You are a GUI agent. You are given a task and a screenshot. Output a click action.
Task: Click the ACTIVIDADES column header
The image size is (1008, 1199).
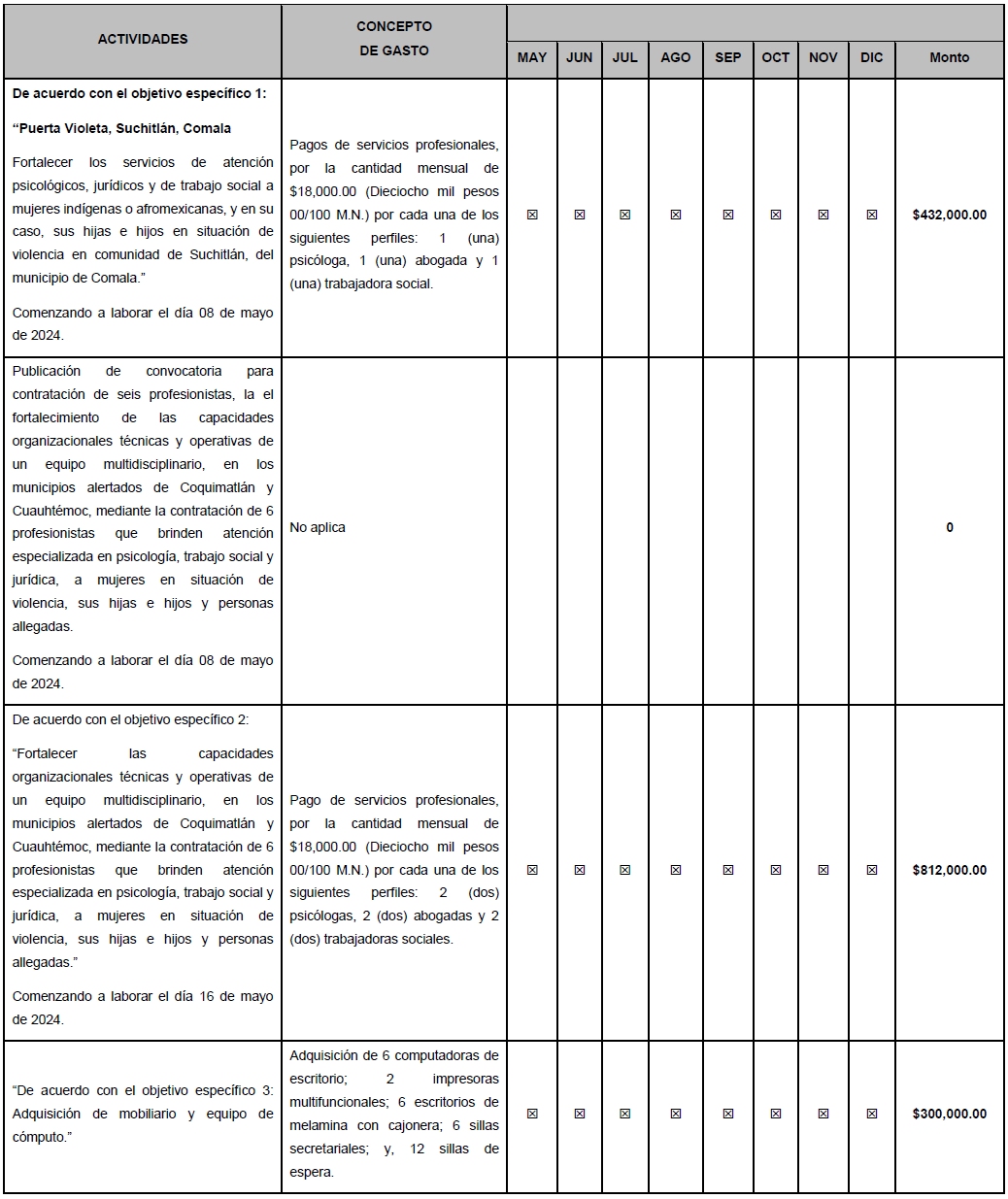click(x=143, y=39)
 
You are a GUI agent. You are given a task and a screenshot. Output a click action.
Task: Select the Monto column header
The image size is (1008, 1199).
click(x=949, y=57)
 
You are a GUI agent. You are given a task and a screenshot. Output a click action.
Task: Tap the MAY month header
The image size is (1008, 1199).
click(x=531, y=57)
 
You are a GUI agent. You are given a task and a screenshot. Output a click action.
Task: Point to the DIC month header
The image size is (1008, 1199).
click(x=871, y=57)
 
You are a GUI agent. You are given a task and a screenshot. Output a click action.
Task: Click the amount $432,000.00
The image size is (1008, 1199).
click(x=949, y=215)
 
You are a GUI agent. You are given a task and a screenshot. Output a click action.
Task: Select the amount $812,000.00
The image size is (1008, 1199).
click(x=949, y=870)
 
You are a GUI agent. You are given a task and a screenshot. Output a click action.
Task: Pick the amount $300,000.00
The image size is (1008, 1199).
click(x=949, y=1114)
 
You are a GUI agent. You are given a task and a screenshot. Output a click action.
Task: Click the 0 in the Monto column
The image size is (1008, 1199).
click(x=950, y=527)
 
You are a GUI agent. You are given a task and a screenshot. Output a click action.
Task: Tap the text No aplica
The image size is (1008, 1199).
click(x=318, y=527)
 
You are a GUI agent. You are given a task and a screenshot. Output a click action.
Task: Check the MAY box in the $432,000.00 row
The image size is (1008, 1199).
click(x=532, y=215)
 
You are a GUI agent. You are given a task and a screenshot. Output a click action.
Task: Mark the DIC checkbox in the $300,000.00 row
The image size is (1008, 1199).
click(x=872, y=1114)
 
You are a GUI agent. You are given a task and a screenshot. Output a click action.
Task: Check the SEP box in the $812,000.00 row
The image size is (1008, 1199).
click(x=728, y=870)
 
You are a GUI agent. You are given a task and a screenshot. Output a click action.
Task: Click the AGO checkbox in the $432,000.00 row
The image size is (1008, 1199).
click(x=676, y=215)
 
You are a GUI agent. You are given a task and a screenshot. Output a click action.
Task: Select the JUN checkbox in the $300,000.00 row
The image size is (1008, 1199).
click(x=580, y=1114)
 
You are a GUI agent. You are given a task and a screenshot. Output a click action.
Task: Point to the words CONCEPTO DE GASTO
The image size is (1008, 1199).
click(x=393, y=39)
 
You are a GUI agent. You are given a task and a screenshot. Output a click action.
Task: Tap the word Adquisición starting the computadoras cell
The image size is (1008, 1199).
click(x=323, y=1055)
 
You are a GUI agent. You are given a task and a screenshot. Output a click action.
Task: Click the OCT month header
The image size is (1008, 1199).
click(x=775, y=57)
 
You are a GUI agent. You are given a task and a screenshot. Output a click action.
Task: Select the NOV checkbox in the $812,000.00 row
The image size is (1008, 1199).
click(x=823, y=870)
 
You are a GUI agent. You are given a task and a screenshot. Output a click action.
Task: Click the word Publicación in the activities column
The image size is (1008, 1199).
click(x=48, y=371)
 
